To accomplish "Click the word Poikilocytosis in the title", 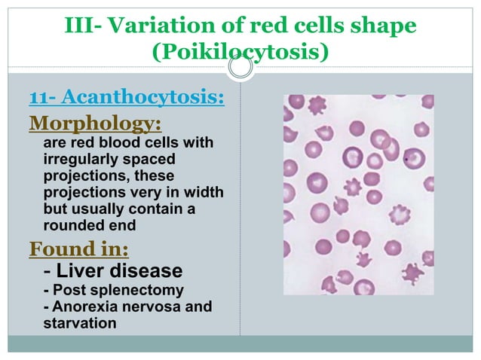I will tap(240, 53).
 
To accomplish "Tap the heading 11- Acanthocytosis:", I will tap(127, 98).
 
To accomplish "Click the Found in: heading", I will tap(78, 248).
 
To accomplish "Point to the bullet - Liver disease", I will tap(112, 270).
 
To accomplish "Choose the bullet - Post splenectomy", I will tap(113, 290).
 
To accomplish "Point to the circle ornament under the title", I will tap(240, 69).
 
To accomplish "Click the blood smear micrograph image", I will tap(358, 194).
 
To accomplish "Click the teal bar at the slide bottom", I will tap(240, 343).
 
